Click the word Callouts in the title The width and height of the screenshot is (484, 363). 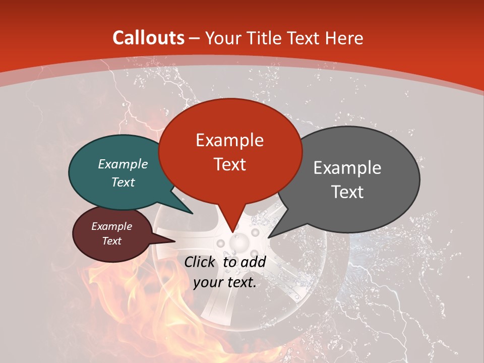coord(149,38)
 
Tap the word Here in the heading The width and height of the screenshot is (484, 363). coord(344,38)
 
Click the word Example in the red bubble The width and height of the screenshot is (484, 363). coord(230,140)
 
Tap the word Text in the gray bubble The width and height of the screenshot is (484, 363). coord(347,192)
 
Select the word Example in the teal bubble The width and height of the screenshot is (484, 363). coord(123,164)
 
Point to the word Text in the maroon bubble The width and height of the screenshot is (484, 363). coord(112,241)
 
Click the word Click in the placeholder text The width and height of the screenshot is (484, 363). coord(200,262)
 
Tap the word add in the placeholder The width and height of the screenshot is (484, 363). coord(253,262)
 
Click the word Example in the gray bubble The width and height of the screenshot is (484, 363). coord(347,168)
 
